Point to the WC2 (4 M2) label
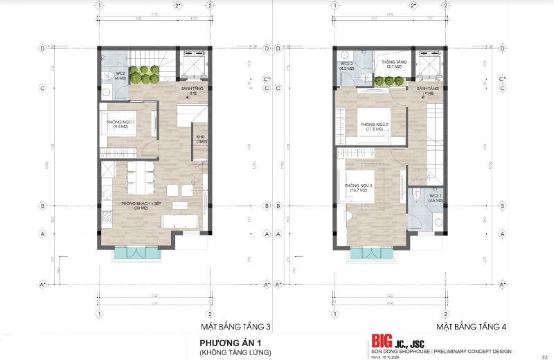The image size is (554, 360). [120, 75]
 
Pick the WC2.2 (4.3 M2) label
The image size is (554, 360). [347, 66]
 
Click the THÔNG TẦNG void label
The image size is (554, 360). [393, 64]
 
